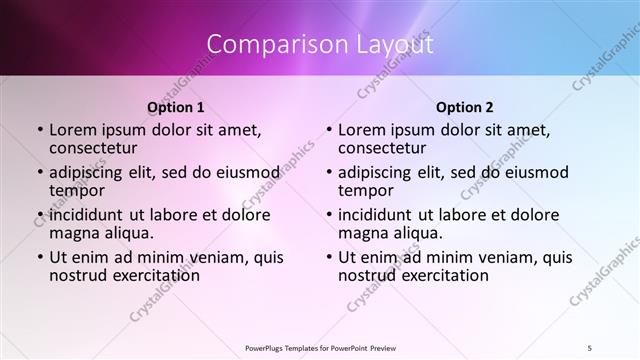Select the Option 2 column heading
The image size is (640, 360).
(464, 106)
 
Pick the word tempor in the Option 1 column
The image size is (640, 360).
(75, 190)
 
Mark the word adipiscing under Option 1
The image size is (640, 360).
(89, 172)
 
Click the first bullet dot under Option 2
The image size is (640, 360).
(328, 130)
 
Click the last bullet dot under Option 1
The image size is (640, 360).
(39, 257)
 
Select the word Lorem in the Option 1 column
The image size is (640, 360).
(72, 130)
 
